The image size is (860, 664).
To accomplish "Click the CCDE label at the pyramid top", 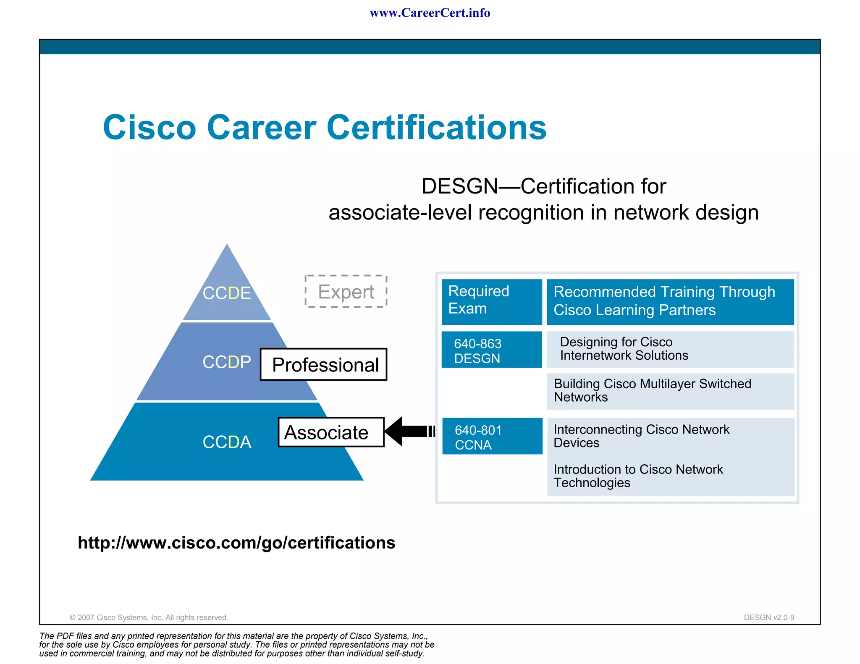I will pyautogui.click(x=227, y=293).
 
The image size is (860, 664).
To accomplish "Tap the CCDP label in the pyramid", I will pyautogui.click(x=227, y=362).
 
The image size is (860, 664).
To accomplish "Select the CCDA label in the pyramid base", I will pyautogui.click(x=227, y=442).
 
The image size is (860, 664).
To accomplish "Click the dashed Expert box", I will pyautogui.click(x=346, y=292).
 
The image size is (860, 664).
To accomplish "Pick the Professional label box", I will pyautogui.click(x=323, y=364).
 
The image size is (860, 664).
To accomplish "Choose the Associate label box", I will pyautogui.click(x=331, y=432).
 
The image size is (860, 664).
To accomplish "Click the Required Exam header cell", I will pyautogui.click(x=491, y=301).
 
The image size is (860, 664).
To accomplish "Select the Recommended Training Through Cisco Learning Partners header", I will pyautogui.click(x=670, y=301).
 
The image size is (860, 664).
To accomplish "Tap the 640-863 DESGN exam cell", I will pyautogui.click(x=491, y=350).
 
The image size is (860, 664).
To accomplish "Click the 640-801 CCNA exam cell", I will pyautogui.click(x=492, y=437).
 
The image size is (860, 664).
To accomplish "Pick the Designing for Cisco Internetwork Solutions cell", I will pyautogui.click(x=670, y=349).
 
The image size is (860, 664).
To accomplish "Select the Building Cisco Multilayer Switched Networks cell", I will pyautogui.click(x=670, y=391).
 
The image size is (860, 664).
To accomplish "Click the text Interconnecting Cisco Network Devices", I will pyautogui.click(x=641, y=436).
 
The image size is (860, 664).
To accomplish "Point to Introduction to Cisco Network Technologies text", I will pyautogui.click(x=637, y=476).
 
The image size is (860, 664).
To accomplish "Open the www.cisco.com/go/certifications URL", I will pyautogui.click(x=236, y=543).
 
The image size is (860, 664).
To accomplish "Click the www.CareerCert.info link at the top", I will pyautogui.click(x=430, y=13).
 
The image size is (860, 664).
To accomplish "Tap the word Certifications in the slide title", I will pyautogui.click(x=436, y=128).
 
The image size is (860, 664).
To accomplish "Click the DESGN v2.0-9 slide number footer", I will pyautogui.click(x=768, y=617).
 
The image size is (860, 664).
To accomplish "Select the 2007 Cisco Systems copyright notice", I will pyautogui.click(x=149, y=617).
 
